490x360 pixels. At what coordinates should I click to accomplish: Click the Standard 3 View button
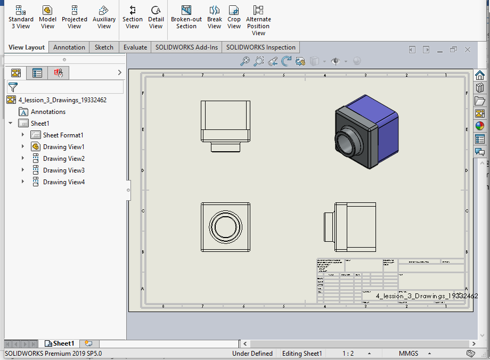click(21, 17)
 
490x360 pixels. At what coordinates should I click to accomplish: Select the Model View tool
click(47, 17)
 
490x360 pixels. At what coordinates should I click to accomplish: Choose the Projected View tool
click(75, 17)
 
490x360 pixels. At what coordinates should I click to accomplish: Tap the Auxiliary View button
click(104, 17)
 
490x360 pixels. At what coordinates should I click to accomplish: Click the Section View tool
click(133, 17)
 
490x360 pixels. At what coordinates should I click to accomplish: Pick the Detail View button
click(156, 17)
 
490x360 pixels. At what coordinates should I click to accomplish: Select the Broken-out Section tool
click(186, 17)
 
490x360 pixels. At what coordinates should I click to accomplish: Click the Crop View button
click(234, 17)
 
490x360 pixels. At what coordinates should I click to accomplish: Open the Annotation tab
click(69, 47)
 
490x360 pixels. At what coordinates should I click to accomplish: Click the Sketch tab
click(104, 47)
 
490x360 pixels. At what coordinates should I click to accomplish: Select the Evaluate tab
click(135, 47)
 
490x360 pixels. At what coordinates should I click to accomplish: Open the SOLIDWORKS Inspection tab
click(260, 47)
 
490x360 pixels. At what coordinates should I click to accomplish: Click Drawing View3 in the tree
click(63, 170)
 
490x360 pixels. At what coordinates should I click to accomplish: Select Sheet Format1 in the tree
click(63, 135)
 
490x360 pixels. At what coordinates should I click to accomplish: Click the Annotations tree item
click(48, 112)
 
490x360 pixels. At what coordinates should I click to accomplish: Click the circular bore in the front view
click(225, 226)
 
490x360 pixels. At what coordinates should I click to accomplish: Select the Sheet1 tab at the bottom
click(63, 343)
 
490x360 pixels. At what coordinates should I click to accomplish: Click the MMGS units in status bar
click(409, 354)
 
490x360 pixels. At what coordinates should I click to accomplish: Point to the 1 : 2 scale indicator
click(348, 354)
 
